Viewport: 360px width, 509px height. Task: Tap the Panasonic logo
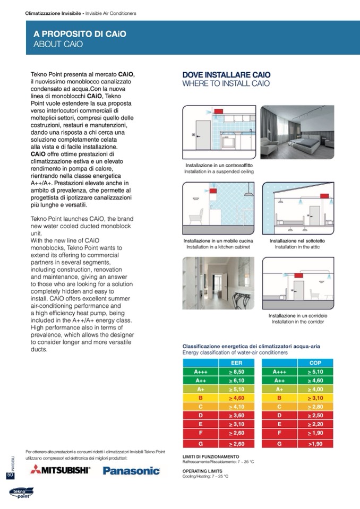tap(131, 470)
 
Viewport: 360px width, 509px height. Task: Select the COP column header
tap(315, 363)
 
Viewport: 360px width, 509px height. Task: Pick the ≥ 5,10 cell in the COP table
tap(315, 372)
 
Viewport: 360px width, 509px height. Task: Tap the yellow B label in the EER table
tap(201, 397)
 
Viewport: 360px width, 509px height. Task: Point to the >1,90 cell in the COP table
tap(315, 444)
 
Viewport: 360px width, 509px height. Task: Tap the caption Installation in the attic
tap(297, 247)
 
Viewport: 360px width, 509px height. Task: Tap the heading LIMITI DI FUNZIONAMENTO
tap(210, 456)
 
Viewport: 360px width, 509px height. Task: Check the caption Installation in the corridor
tap(297, 322)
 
